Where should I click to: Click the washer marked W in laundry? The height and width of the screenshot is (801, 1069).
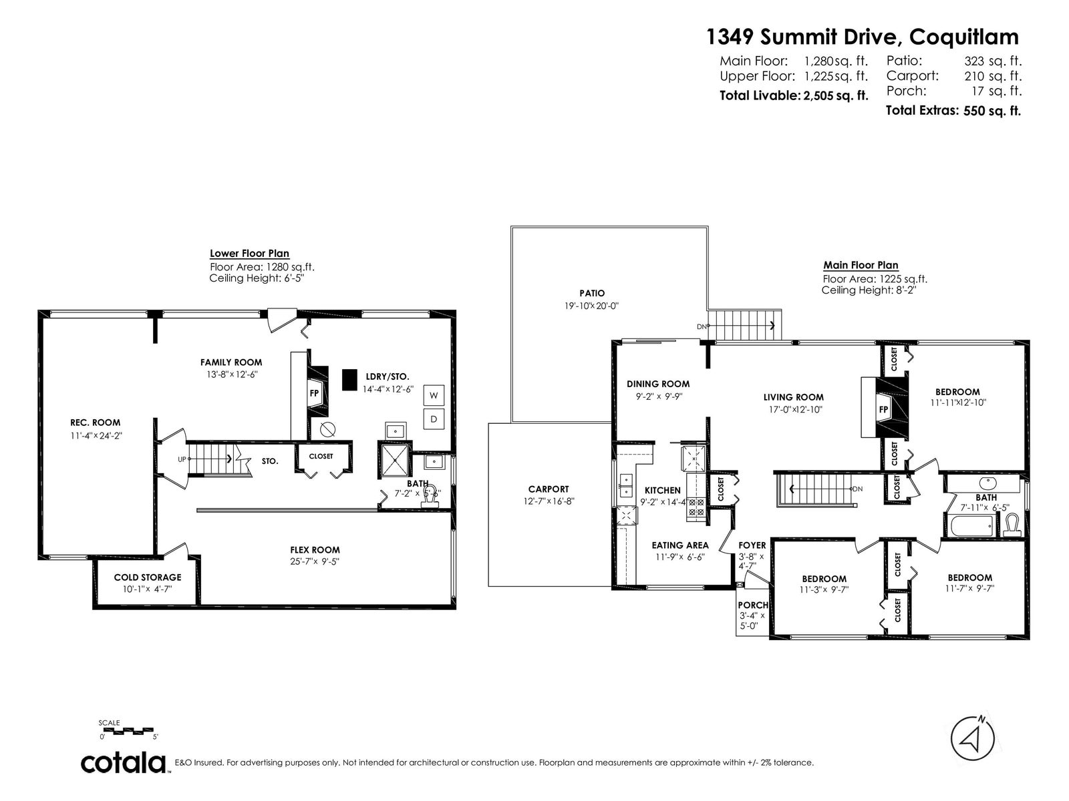tap(434, 395)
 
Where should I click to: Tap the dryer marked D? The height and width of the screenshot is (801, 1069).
tap(434, 419)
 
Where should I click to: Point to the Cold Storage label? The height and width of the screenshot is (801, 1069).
tap(148, 577)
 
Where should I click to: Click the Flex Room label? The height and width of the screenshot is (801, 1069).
tap(315, 550)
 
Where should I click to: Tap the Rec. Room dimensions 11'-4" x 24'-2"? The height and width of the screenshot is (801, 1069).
tap(96, 436)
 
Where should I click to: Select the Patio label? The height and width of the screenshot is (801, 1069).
tap(592, 293)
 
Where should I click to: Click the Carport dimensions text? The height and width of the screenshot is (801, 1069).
tap(549, 501)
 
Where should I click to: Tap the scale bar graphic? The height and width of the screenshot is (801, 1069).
tap(128, 730)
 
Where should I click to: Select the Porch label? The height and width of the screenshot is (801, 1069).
tap(753, 605)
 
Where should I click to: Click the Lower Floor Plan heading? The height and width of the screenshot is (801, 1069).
tap(249, 254)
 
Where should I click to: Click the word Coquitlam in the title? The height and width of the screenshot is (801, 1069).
tap(964, 37)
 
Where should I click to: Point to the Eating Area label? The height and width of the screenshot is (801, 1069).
tap(680, 545)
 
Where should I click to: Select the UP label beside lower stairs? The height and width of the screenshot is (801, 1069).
tap(182, 459)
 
